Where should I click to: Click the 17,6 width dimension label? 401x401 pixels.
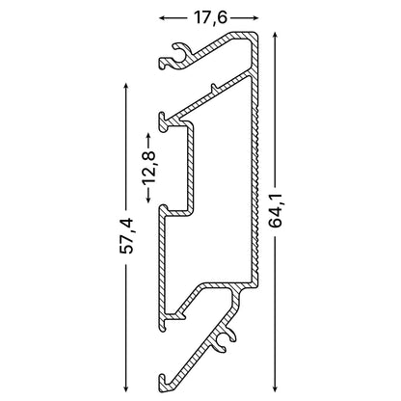pyautogui.click(x=210, y=18)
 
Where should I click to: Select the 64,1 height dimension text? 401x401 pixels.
pyautogui.click(x=276, y=211)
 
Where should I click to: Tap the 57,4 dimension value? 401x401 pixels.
pyautogui.click(x=126, y=236)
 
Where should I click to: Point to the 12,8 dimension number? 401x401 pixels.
pyautogui.click(x=148, y=167)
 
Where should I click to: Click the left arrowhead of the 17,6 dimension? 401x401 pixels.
pyautogui.click(x=162, y=18)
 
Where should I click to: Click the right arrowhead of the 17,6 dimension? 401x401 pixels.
pyautogui.click(x=255, y=18)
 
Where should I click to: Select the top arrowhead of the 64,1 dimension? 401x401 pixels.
pyautogui.click(x=275, y=35)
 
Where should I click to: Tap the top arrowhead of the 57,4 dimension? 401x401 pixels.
pyautogui.click(x=126, y=87)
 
